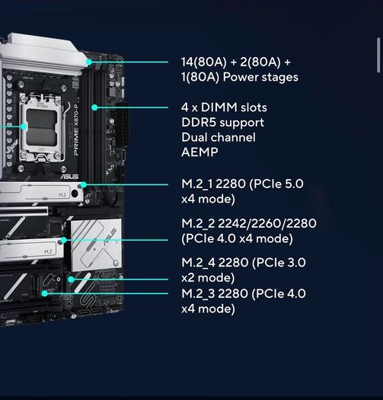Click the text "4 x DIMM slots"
coord(224,107)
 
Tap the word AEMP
coord(199,152)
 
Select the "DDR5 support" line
coord(222,123)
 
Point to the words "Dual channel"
coord(219,137)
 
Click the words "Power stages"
coord(260,77)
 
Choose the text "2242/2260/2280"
coord(267,223)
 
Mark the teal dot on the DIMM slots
coord(94,107)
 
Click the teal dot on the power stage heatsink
coord(89,62)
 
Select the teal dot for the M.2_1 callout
coord(84,184)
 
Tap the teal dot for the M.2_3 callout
coord(45,293)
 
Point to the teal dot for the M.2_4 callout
coord(71,280)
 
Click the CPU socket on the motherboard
coord(42,127)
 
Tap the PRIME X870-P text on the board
coord(76,130)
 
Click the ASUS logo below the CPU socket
coord(69,176)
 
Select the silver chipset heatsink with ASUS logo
coord(94,245)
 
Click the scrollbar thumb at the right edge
coord(378,55)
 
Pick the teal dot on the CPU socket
coord(24,126)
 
